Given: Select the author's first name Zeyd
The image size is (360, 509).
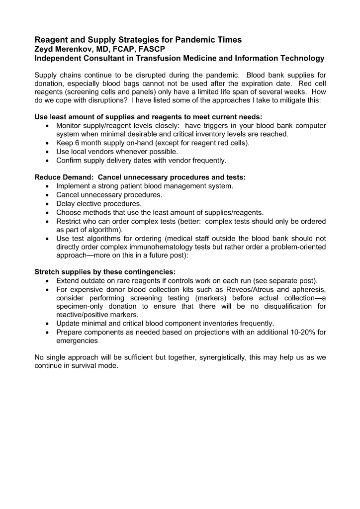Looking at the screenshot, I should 44,49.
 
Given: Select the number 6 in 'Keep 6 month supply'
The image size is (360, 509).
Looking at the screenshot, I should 78,143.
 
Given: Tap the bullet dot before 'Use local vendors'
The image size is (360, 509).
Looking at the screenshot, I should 47,151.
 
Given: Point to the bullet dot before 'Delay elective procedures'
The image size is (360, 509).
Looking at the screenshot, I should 47,203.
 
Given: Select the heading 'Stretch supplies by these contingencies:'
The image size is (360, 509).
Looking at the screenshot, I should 104,272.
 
